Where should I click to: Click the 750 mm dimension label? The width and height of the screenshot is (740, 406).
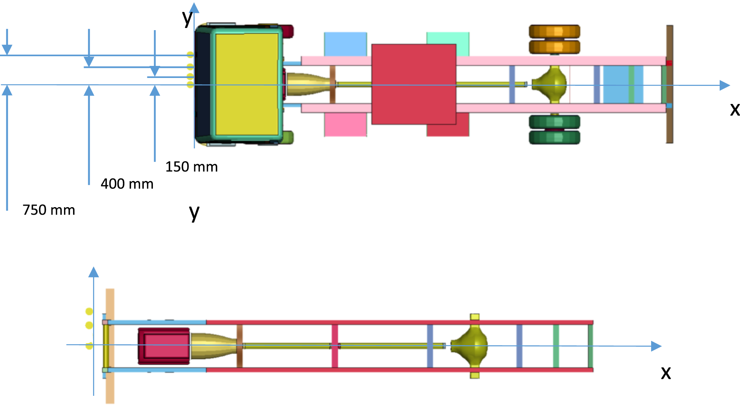(x=49, y=210)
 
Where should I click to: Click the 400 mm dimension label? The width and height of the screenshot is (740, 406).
(x=127, y=184)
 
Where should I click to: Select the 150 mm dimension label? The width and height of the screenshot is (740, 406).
(x=192, y=167)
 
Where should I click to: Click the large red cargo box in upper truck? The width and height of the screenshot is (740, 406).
(x=414, y=84)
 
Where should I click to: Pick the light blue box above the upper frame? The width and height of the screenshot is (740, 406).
(x=345, y=44)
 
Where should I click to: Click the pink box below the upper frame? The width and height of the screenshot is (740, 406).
(x=345, y=124)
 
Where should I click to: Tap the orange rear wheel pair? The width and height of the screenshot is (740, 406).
(x=554, y=39)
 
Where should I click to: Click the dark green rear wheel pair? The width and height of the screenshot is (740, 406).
(x=554, y=130)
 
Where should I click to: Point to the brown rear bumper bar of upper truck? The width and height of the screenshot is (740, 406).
(x=670, y=84)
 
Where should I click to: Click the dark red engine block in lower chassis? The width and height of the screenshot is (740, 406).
(x=164, y=346)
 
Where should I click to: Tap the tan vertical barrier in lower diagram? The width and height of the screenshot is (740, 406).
(x=110, y=346)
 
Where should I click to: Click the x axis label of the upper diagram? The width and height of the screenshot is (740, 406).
(x=735, y=109)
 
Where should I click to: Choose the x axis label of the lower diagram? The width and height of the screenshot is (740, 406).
(x=666, y=372)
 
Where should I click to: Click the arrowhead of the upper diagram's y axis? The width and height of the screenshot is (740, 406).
(x=194, y=8)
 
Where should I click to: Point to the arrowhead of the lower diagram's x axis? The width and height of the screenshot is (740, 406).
(x=656, y=346)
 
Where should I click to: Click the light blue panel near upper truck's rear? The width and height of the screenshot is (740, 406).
(x=623, y=84)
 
